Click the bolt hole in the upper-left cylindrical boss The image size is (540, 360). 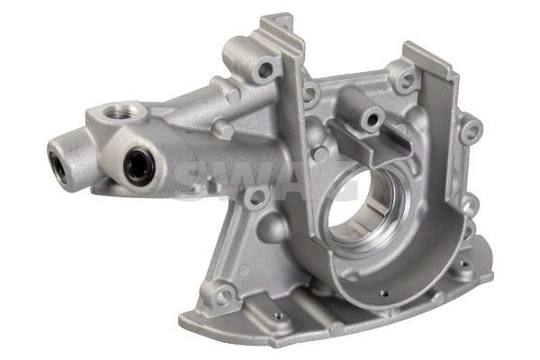[265, 70]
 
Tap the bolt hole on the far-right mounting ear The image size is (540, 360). [472, 130]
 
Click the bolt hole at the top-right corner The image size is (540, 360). [407, 80]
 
